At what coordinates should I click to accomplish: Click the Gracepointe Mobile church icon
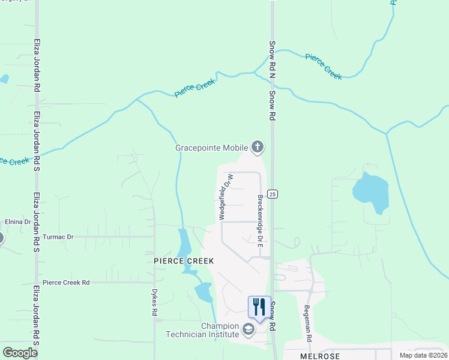tap(258, 147)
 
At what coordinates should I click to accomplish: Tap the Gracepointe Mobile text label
tap(212, 148)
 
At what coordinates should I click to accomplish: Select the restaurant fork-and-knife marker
tap(259, 307)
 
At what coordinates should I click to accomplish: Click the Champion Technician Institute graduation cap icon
tap(248, 328)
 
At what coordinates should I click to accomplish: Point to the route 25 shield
tap(273, 194)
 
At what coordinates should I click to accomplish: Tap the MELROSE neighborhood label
tap(320, 356)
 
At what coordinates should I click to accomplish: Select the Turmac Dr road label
tap(58, 237)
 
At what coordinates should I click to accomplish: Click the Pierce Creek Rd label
tap(66, 282)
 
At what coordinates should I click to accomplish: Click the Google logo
tap(20, 353)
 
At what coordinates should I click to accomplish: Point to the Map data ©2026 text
tap(423, 355)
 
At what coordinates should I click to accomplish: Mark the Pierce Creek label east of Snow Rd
tap(323, 66)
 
